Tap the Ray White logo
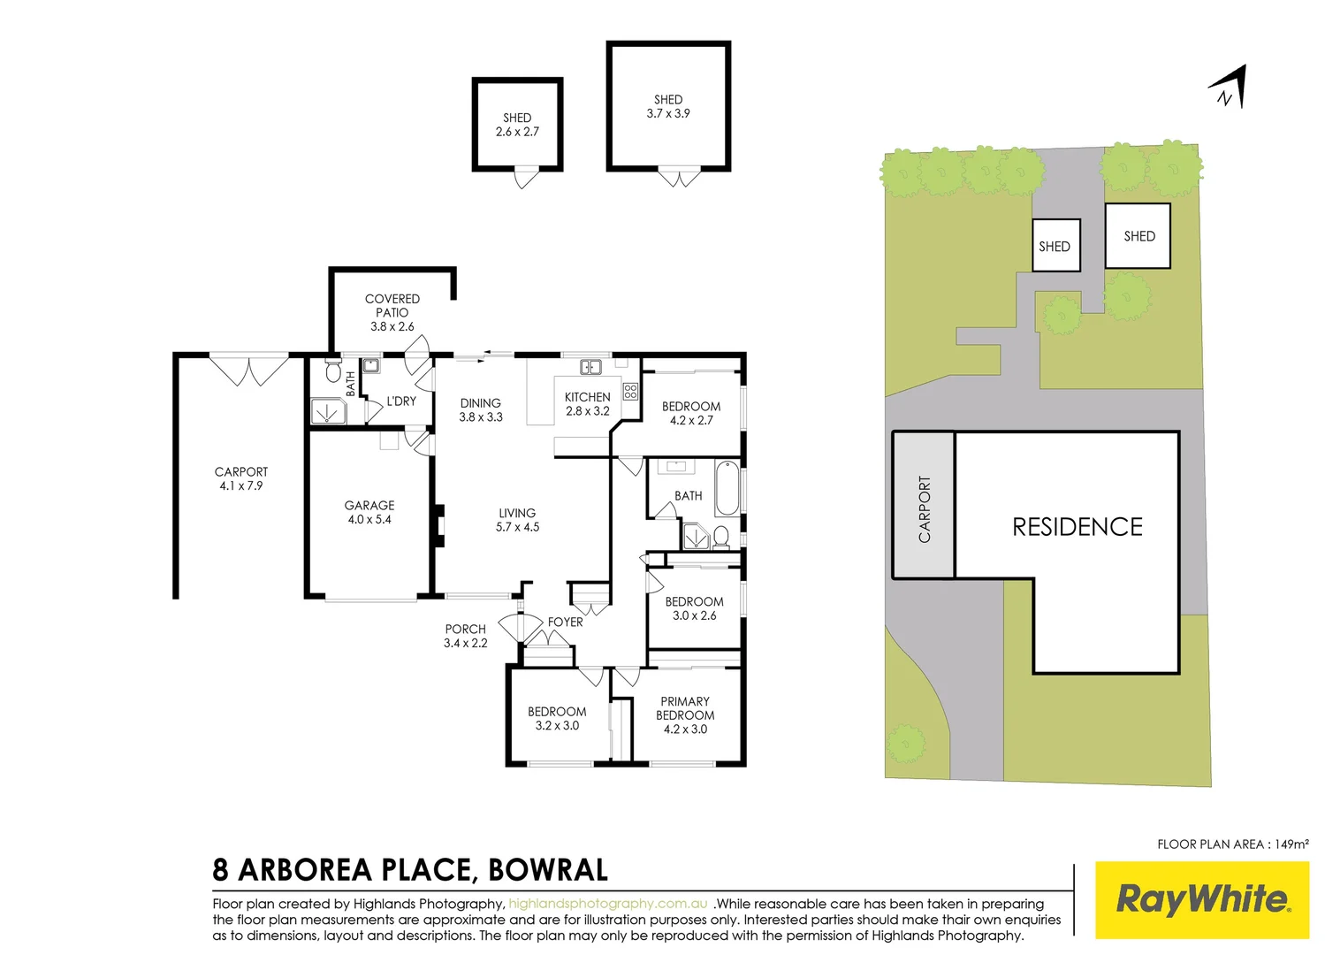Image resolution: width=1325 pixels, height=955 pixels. [1202, 899]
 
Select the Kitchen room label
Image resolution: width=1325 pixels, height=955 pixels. [588, 404]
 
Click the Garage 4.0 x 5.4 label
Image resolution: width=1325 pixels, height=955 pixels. [369, 512]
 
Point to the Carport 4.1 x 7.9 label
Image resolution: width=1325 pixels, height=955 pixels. [241, 478]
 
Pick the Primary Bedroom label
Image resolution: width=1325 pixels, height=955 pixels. [685, 714]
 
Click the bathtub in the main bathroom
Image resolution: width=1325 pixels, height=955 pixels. [727, 487]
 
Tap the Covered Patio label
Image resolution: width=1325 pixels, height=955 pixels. [392, 312]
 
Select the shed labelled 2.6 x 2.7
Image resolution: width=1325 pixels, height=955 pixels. [517, 125]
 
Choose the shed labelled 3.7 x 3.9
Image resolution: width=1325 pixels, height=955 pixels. [668, 106]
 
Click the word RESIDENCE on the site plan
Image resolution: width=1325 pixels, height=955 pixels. [1078, 527]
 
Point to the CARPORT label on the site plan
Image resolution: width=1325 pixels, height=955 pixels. [925, 509]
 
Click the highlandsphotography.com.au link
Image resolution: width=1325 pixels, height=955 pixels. [608, 904]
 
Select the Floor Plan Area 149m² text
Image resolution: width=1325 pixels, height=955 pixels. [1232, 844]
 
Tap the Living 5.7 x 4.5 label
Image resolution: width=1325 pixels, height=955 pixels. [517, 520]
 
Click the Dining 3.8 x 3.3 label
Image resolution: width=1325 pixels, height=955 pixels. [481, 409]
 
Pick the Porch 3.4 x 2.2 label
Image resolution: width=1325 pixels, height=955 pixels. [466, 636]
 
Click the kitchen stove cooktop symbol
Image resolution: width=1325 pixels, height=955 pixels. [630, 391]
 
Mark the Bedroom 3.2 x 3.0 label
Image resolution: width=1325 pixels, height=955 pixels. [557, 718]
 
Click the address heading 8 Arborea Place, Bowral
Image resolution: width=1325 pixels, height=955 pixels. [410, 870]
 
